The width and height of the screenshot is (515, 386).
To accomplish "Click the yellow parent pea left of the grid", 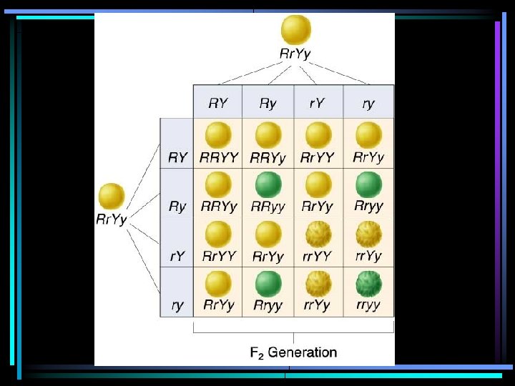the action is [112, 197].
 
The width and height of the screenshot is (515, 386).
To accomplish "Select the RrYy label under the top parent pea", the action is [295, 53].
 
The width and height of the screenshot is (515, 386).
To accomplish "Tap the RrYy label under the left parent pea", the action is [112, 219].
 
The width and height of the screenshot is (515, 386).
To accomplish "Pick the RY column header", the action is [218, 104].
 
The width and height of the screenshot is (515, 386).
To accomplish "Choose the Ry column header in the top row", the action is [268, 104].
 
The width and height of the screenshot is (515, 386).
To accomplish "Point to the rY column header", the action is [318, 104].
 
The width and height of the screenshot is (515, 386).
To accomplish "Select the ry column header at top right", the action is [368, 104].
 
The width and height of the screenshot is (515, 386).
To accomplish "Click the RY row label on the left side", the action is [177, 157].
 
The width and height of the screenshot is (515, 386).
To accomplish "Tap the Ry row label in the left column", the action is [177, 207].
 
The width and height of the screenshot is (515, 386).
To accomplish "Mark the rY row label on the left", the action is [177, 256].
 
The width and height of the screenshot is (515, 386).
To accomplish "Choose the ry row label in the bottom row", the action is [177, 305].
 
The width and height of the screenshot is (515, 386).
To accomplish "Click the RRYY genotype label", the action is [218, 157].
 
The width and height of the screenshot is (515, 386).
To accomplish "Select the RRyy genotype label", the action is [268, 207].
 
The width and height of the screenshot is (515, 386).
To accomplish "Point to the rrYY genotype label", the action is [318, 256].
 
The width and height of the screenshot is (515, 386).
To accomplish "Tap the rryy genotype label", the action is [368, 305].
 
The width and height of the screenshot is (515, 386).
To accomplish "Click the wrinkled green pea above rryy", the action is [368, 284].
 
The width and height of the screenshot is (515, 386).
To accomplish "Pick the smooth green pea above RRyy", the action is [268, 185].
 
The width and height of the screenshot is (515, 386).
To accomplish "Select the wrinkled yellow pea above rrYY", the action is [318, 234].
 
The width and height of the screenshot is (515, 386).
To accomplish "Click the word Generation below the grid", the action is [303, 352].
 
